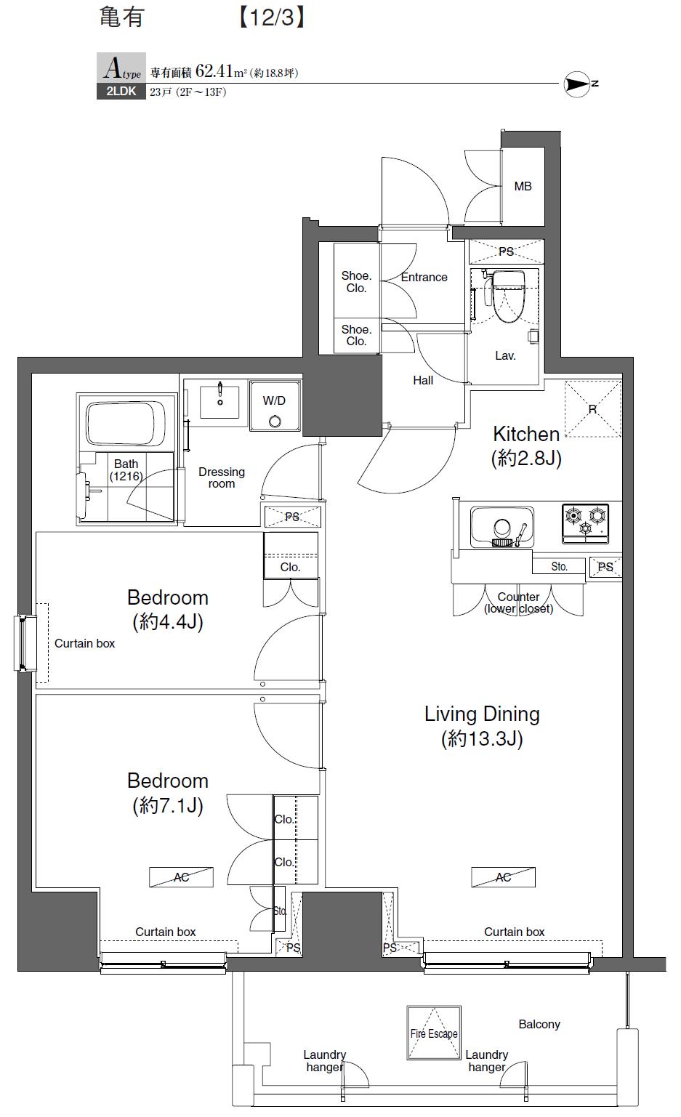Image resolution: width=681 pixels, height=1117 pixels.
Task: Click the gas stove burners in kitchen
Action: [x=586, y=523]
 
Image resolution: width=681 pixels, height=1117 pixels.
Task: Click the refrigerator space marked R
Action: [x=592, y=409]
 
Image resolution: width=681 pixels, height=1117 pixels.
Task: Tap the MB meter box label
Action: [x=523, y=187]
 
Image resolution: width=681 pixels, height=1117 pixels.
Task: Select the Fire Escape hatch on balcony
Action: [x=434, y=1033]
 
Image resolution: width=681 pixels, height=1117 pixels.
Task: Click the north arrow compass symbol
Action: [x=578, y=84]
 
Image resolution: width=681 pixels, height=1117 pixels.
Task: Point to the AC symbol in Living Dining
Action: [x=503, y=877]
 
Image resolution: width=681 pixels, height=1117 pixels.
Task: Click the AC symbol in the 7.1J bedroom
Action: [x=182, y=877]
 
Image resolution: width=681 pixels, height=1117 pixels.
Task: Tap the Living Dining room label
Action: [x=482, y=714]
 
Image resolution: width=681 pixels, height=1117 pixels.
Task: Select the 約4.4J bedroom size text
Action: [x=168, y=622]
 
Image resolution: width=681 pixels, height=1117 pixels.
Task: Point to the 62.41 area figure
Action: [x=214, y=71]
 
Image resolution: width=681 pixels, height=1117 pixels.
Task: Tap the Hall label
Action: [x=423, y=380]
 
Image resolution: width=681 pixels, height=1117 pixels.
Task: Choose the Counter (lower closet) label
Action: [x=518, y=602]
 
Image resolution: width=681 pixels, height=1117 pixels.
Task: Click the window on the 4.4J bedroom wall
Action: [x=25, y=643]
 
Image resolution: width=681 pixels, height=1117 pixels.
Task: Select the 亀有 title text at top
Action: [x=121, y=17]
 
